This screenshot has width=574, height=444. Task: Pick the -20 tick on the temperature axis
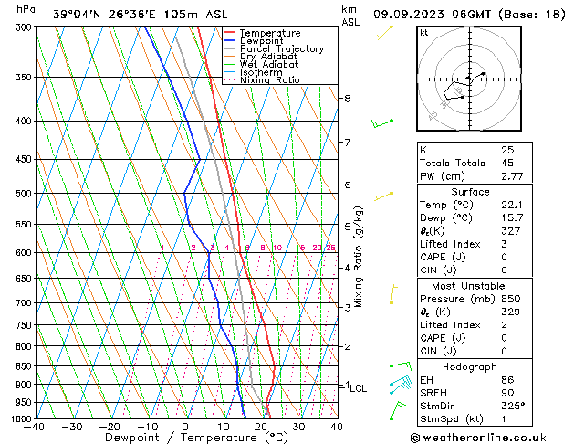[x=110, y=427]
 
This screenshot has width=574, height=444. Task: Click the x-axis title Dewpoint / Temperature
[x=185, y=438]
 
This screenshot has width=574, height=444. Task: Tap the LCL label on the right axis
[x=359, y=388]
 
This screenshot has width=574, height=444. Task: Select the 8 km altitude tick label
[x=348, y=99]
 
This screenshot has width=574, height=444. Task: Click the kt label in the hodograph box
[x=424, y=33]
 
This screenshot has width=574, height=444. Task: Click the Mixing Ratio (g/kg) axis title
[x=359, y=257]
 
